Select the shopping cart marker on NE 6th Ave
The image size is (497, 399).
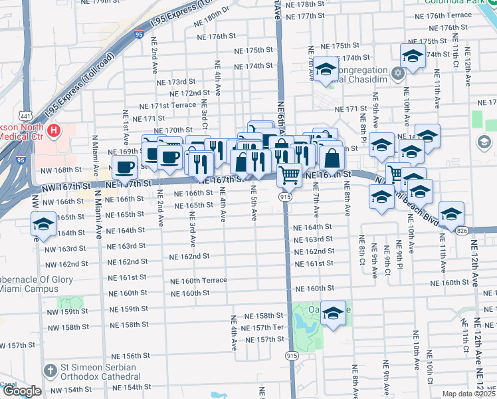(x=289, y=175)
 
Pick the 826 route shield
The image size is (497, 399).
(x=461, y=230)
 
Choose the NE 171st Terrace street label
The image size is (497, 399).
(x=167, y=105)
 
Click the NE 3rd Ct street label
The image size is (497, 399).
(x=205, y=115)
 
